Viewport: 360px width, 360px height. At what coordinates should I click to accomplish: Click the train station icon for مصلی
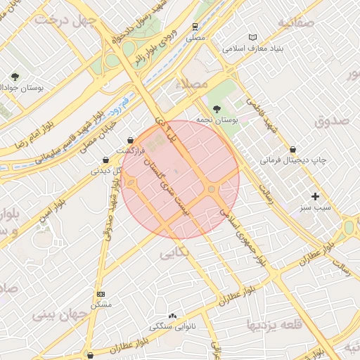(195, 26)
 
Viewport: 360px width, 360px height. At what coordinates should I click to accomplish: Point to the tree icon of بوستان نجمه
(217, 109)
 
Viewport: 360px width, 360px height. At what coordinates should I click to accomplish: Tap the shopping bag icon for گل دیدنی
(105, 160)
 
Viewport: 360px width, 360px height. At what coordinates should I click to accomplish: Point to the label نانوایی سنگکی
(173, 327)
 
